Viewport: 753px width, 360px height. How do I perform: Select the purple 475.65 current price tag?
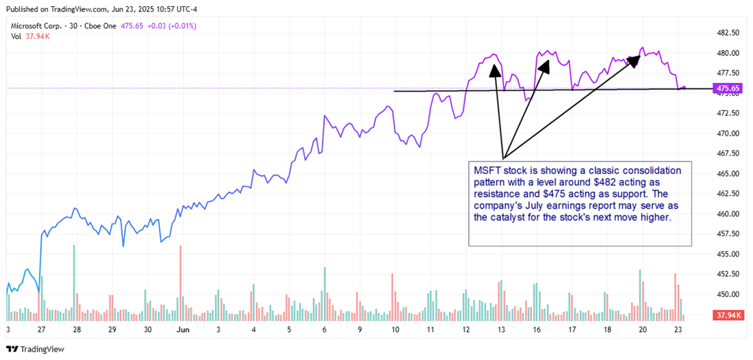[x=727, y=88]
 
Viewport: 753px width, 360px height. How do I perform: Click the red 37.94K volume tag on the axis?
[x=727, y=316]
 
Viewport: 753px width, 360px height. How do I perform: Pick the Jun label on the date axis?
[x=182, y=329]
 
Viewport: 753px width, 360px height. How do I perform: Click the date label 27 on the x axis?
[x=41, y=329]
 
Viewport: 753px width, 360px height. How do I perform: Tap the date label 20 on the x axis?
[x=643, y=329]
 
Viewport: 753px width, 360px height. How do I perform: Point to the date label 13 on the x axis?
[x=501, y=329]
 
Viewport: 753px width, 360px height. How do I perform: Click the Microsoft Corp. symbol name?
[x=38, y=26]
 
